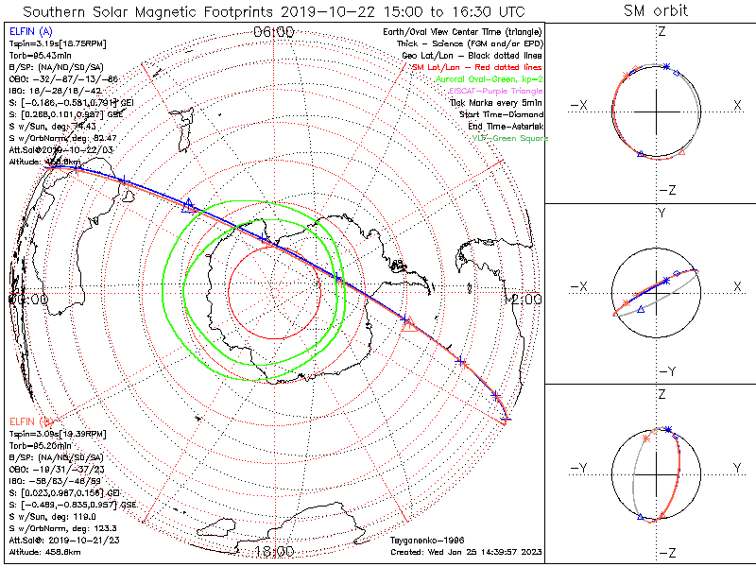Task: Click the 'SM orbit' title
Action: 656,11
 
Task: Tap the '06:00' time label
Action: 274,32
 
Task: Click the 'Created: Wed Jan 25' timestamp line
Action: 463,552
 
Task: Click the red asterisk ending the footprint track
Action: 507,419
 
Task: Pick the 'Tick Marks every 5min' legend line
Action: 499,102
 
